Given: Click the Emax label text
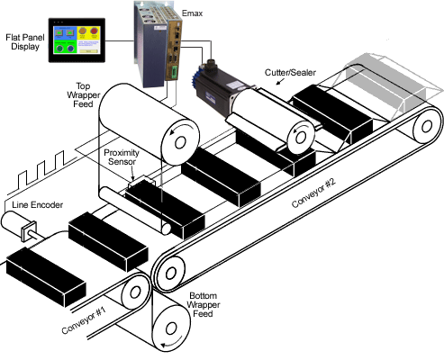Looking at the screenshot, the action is point(192,13).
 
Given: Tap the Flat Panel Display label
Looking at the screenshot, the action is point(25,42).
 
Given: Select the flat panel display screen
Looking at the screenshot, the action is point(77,40).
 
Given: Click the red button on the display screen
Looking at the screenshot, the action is point(95,31).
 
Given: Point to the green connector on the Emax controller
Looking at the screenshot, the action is point(174,73).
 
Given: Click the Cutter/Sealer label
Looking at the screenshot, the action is point(290,73).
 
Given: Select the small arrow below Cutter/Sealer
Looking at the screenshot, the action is point(280,81).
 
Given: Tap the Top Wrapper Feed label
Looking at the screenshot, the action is point(83,95).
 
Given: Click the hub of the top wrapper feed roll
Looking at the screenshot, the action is point(180,143).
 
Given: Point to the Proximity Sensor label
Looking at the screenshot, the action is point(122,157).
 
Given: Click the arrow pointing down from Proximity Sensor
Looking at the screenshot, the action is point(132,174).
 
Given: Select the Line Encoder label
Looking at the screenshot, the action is point(38,205).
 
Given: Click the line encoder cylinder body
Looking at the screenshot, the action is point(13,222).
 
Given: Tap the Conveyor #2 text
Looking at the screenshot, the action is point(313,193).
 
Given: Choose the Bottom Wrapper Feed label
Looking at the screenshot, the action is point(204,305).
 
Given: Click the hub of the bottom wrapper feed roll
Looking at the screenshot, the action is point(171,328).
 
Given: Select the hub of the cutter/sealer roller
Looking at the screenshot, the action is point(300,138).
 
